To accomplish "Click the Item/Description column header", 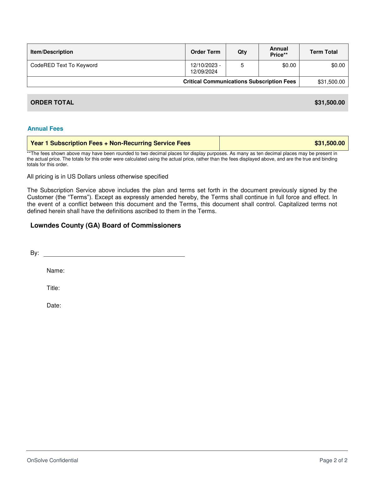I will click(52, 52).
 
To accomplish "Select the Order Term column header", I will click(205, 52).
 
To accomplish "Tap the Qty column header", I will click(242, 52).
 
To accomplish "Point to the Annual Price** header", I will click(279, 52).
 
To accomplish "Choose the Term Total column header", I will click(324, 52).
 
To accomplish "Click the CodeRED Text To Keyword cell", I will click(64, 65).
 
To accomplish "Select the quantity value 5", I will click(242, 65).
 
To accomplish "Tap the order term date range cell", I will click(205, 68).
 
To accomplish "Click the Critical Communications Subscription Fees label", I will click(239, 82).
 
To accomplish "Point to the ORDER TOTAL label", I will click(52, 102).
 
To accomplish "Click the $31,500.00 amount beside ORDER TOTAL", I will click(330, 102).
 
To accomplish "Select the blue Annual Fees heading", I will click(45, 129).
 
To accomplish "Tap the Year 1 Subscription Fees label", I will click(110, 143).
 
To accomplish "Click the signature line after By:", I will click(114, 254).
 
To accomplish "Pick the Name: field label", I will click(55, 271).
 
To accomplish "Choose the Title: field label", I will click(53, 288).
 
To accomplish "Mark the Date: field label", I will click(54, 305).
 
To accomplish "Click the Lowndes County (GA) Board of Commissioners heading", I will click(106, 225).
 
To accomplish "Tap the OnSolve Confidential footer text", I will click(53, 460).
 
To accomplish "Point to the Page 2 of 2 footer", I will click(333, 460).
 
